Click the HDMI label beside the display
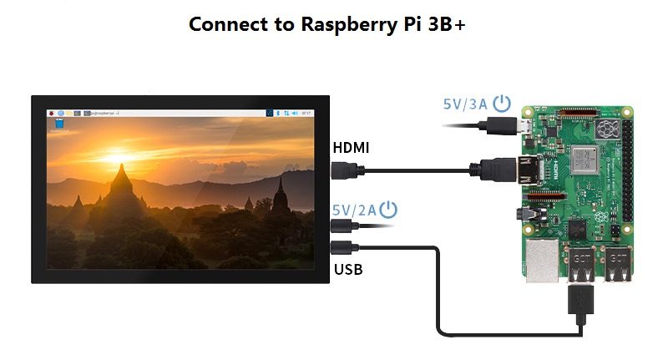pyautogui.click(x=351, y=148)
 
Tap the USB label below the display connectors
pyautogui.click(x=348, y=269)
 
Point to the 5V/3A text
pyautogui.click(x=465, y=105)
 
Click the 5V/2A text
pyautogui.click(x=355, y=209)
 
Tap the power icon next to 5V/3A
pyautogui.click(x=502, y=104)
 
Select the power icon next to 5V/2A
pyautogui.click(x=389, y=209)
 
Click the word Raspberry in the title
pyautogui.click(x=342, y=24)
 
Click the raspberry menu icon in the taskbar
pyautogui.click(x=52, y=111)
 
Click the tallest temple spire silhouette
pyautogui.click(x=122, y=180)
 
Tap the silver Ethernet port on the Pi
pyautogui.click(x=540, y=261)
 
